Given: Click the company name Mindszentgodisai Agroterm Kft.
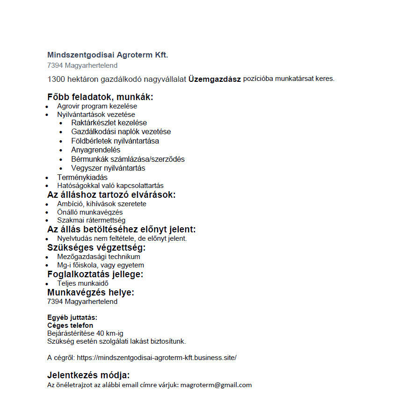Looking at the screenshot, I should coord(108,55).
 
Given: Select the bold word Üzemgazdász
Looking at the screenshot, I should coord(215,79).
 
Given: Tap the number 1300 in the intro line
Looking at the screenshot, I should coord(55,79).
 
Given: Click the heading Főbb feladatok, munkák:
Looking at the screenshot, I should coord(100,97).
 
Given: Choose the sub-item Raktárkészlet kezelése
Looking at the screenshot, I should coord(109,123).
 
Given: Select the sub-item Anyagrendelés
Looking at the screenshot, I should coord(95,150).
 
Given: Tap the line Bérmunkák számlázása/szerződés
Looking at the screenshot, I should coord(128,159).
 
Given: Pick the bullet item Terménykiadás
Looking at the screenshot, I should coord(82,178).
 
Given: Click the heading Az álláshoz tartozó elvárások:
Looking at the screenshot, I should coord(111,195).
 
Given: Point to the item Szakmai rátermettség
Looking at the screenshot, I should coord(91,220).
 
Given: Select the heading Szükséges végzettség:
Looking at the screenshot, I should coord(96,247).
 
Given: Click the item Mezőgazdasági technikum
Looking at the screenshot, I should coord(99,257).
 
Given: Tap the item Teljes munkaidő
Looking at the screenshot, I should coord(83,283).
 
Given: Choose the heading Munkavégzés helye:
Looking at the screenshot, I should coord(91,292).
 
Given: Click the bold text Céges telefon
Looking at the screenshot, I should coord(70,325).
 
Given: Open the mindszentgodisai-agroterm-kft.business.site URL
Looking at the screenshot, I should coord(157,358).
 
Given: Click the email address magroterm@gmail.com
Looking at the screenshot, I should coord(216,385).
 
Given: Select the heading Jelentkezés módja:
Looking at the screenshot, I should coord(88,375).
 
